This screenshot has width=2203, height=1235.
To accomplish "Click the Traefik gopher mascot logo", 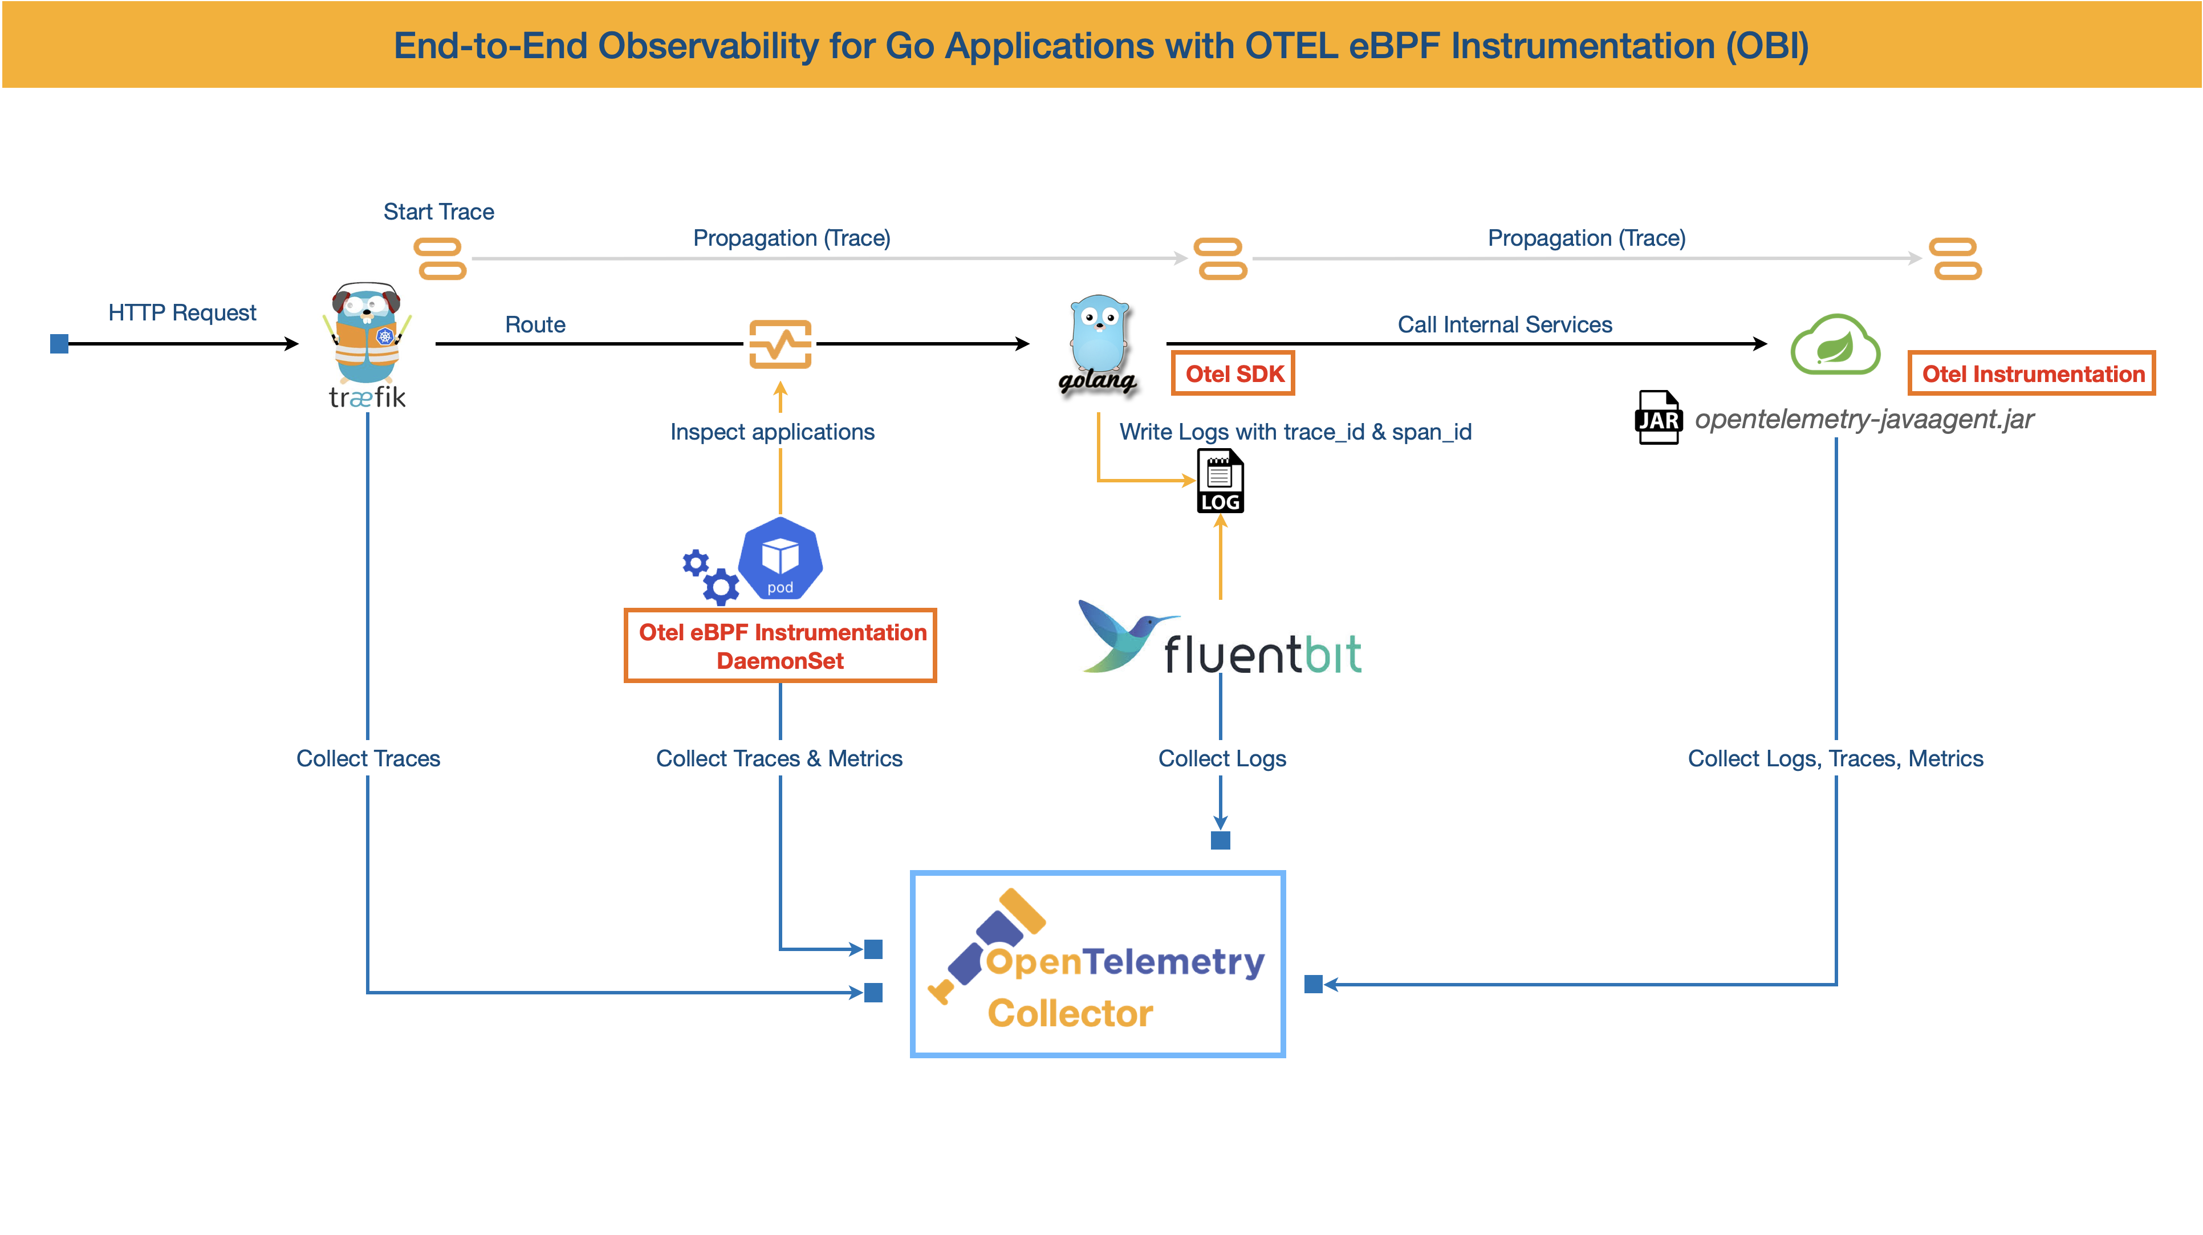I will point(367,335).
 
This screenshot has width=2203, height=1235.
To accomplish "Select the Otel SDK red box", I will point(1233,374).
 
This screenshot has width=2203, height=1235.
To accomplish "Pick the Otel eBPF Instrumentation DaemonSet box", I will point(780,645).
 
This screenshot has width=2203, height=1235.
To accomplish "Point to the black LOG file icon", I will point(1220,481).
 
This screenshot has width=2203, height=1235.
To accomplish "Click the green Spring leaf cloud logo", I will point(1835,344).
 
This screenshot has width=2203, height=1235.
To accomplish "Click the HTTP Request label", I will point(182,312).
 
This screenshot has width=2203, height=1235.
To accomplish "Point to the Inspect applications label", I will point(772,432).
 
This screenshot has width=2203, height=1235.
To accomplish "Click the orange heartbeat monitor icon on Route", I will point(780,344).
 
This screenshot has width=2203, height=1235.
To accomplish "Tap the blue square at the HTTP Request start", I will point(59,344).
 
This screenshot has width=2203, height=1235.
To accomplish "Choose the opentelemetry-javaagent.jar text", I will point(1864,419).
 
